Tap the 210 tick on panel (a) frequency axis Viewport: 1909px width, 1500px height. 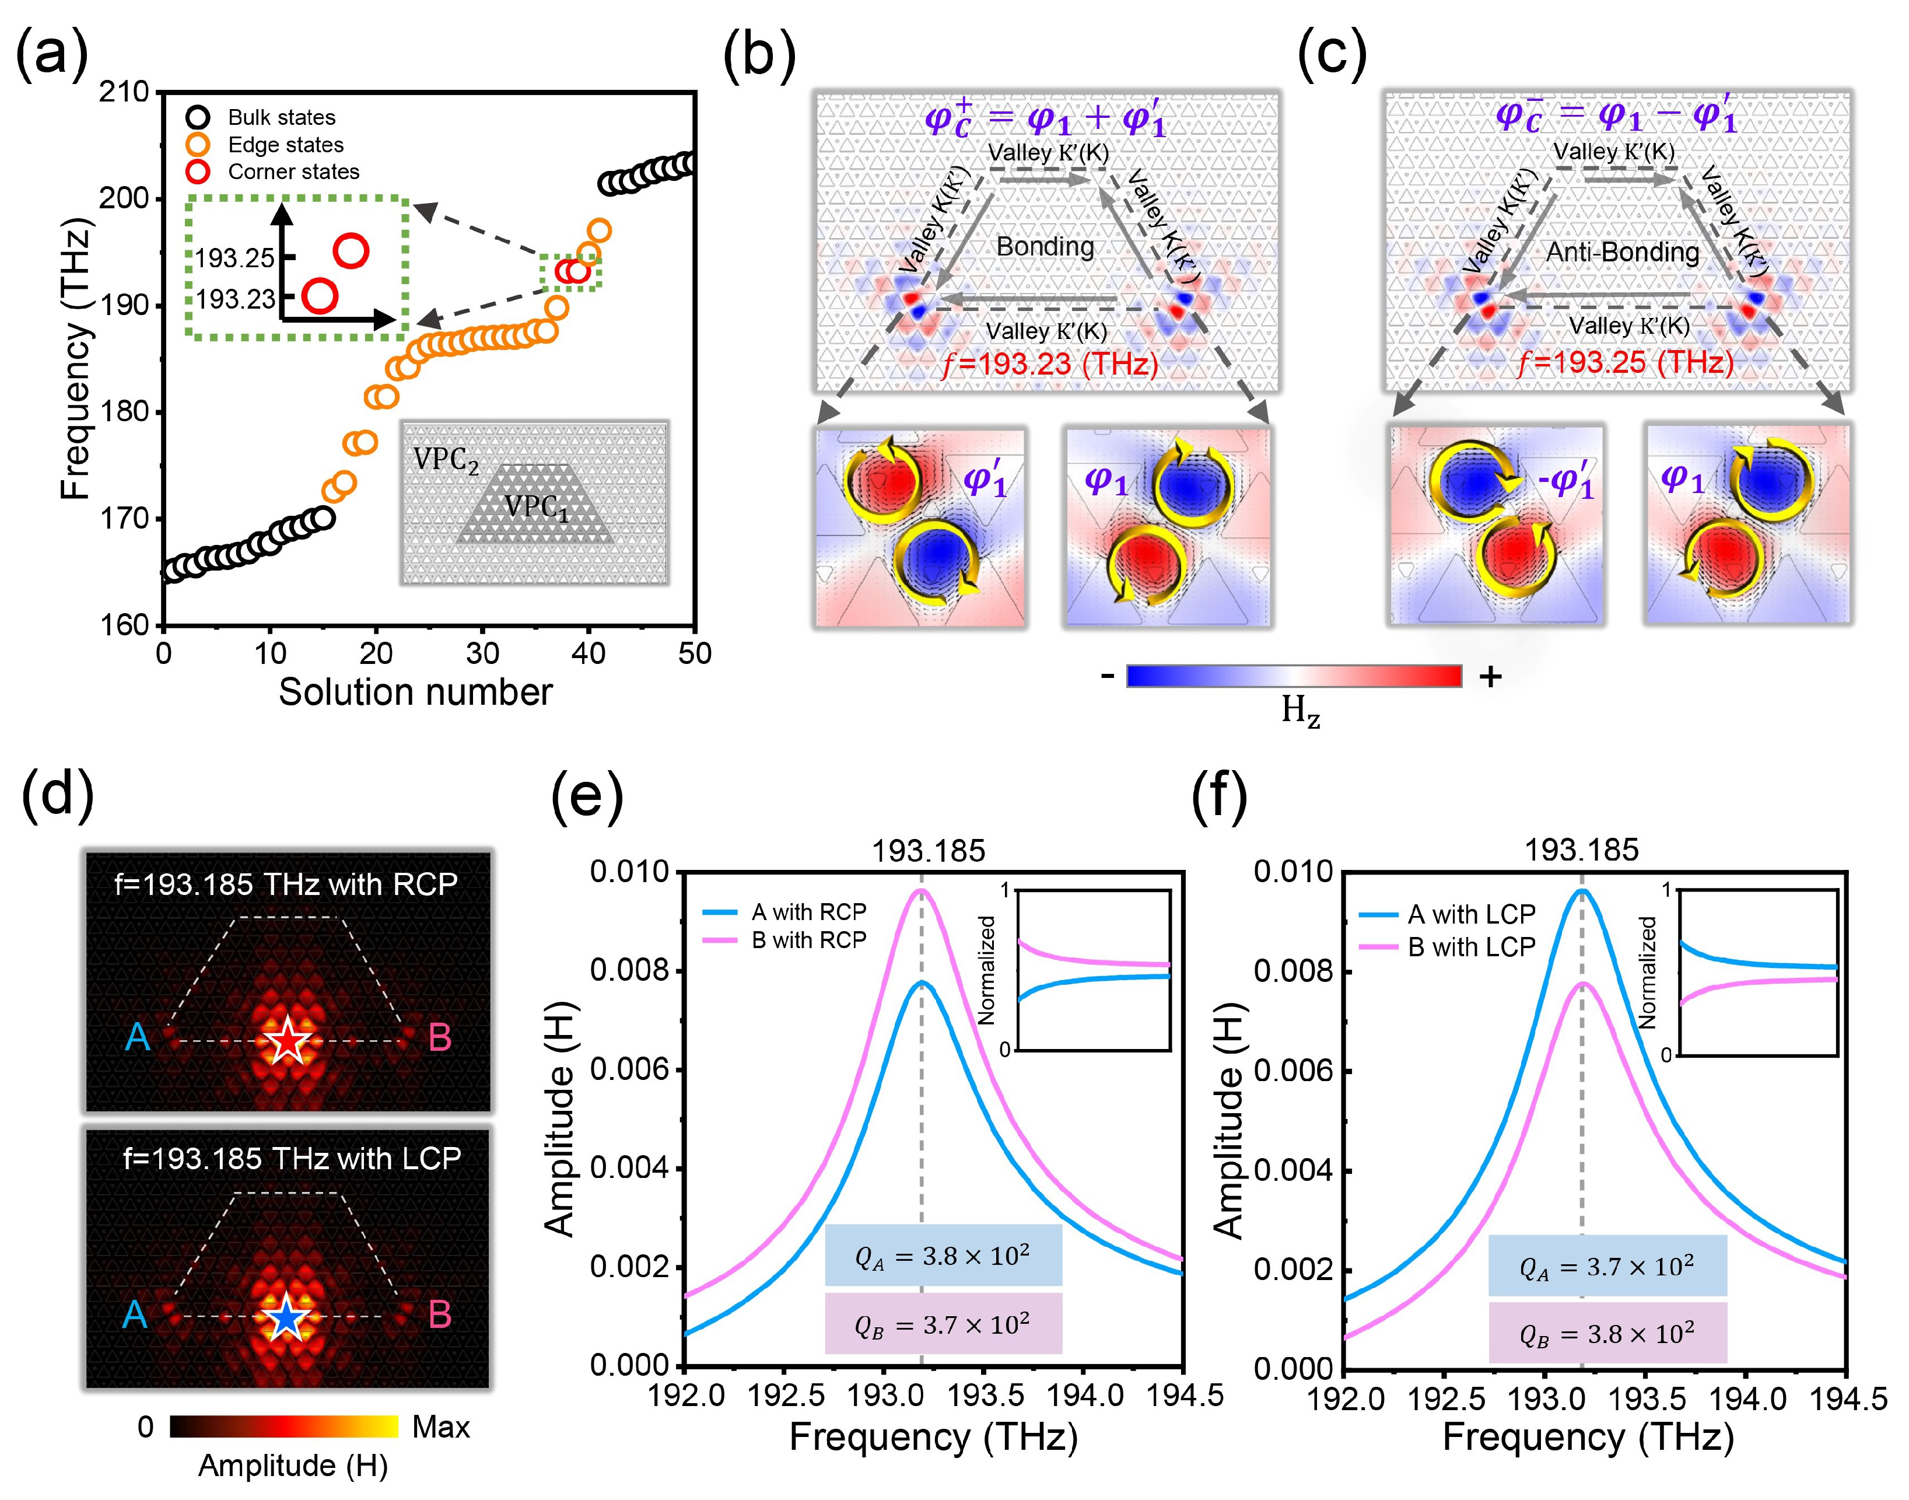pyautogui.click(x=124, y=92)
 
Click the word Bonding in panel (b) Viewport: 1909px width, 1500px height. pyautogui.click(x=1045, y=247)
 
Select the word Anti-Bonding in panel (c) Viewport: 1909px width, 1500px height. pyautogui.click(x=1622, y=253)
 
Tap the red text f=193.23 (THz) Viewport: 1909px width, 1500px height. pyautogui.click(x=1049, y=363)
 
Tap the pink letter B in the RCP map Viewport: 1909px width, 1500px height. pyautogui.click(x=439, y=1038)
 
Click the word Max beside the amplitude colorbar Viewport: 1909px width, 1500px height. pyautogui.click(x=441, y=1427)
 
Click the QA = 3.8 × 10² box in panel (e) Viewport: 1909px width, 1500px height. pyautogui.click(x=943, y=1257)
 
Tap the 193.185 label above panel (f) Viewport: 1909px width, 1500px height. pyautogui.click(x=1581, y=850)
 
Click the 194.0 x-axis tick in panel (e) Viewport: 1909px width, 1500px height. pyautogui.click(x=1086, y=1394)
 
